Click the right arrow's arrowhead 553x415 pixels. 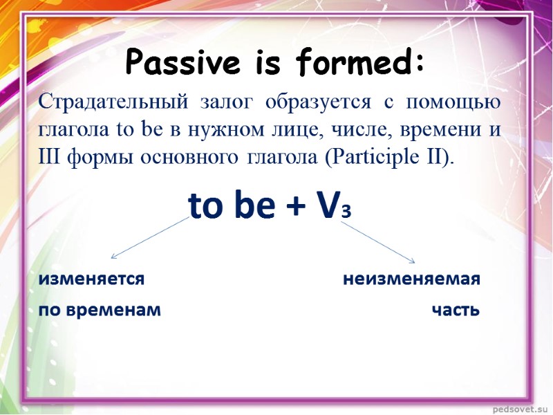(413, 261)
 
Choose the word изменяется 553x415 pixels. (91, 279)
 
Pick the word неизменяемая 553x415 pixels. (411, 279)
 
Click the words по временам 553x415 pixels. (100, 310)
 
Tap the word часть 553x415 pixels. (455, 310)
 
